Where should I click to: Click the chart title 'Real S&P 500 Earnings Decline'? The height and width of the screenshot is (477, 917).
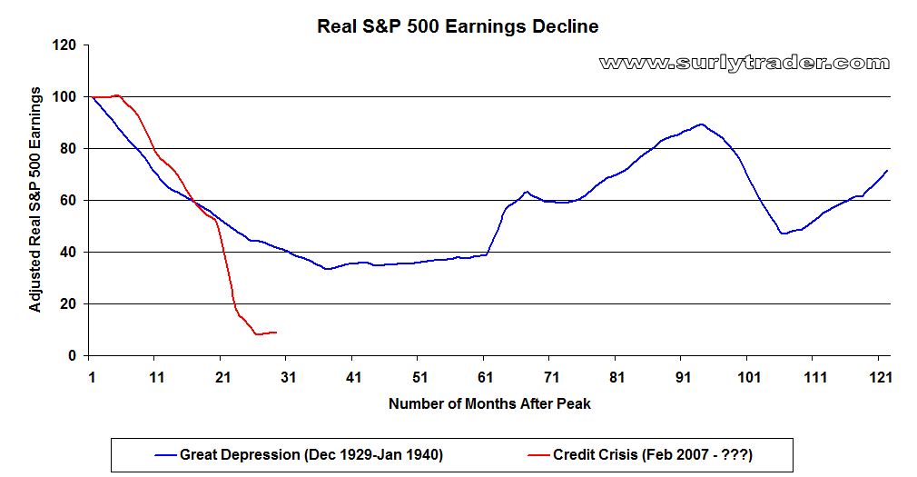(x=458, y=26)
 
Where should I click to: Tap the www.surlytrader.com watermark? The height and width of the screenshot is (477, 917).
(x=744, y=63)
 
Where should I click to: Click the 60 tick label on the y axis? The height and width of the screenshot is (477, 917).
(x=70, y=201)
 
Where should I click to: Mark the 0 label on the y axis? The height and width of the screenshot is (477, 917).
(x=73, y=356)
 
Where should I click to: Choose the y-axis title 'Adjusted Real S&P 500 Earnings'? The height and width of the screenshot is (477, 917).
(x=35, y=200)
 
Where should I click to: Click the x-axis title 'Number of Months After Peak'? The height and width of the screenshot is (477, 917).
(x=489, y=403)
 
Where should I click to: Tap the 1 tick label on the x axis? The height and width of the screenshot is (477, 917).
(x=92, y=377)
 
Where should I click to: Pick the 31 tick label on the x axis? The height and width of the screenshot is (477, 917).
(x=289, y=377)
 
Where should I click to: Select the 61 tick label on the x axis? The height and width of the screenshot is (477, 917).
(x=486, y=377)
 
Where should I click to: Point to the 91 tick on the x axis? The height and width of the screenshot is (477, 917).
(x=683, y=377)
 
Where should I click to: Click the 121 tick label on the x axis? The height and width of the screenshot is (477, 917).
(x=880, y=377)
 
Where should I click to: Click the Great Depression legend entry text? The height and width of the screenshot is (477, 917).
(x=311, y=455)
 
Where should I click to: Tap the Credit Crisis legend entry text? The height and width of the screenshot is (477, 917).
(x=653, y=455)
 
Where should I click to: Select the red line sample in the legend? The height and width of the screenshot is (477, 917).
(x=538, y=455)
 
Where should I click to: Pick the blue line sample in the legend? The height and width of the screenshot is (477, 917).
(x=165, y=455)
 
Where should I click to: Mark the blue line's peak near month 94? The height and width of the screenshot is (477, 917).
(x=701, y=124)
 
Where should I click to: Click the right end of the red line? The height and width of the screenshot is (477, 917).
(x=276, y=333)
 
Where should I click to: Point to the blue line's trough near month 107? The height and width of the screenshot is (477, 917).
(x=783, y=234)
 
